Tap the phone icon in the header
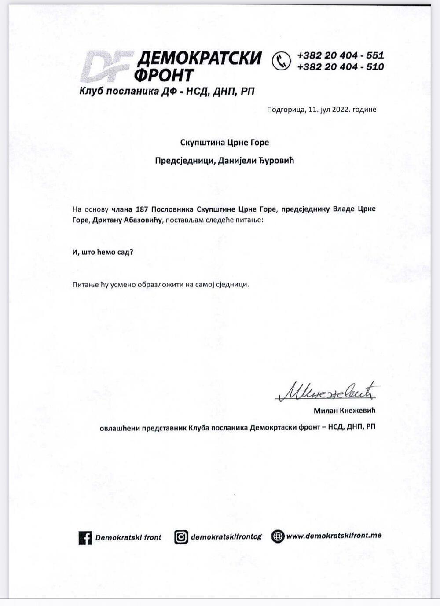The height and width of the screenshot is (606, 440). point(281,61)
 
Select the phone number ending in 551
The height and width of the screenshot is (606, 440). point(340,55)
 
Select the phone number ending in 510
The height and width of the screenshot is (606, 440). point(340,67)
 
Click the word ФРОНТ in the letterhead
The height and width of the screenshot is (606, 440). point(164,75)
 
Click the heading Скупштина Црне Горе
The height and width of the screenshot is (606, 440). point(224,143)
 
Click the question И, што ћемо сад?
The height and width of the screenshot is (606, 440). point(103,252)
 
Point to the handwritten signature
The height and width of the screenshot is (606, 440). point(327,391)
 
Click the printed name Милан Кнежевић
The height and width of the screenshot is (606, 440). point(345,411)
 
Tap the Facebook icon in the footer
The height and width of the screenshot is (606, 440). point(85,538)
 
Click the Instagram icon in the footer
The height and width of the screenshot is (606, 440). point(181,537)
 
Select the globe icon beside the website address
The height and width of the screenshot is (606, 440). point(278,536)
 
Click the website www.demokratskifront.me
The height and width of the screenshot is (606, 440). point(334,536)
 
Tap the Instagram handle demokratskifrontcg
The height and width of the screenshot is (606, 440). point(226,537)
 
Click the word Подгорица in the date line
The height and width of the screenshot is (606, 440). point(284,110)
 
